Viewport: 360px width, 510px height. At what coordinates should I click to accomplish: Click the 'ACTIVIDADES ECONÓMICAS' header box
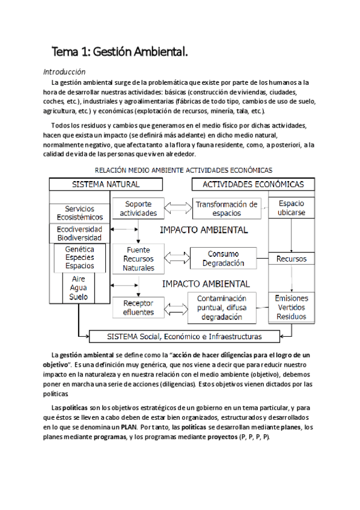pos(253,184)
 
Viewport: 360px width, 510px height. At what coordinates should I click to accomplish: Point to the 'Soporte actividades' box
pos(139,208)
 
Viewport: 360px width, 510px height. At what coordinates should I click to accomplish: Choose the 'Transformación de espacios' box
pos(225,208)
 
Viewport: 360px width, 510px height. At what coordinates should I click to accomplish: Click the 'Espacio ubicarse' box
pos(291,208)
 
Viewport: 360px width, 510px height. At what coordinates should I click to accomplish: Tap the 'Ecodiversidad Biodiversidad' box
pos(79,233)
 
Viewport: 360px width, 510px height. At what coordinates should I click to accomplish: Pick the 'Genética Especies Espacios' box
pos(79,257)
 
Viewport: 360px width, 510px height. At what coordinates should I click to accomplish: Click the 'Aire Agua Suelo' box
pos(79,288)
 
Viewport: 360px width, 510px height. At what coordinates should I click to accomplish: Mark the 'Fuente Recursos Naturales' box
pos(139,259)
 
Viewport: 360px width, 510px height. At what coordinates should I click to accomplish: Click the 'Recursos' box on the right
pos(291,259)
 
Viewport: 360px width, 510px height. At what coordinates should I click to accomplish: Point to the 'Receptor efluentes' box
pos(139,307)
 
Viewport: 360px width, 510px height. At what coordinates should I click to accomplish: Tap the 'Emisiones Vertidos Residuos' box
pos(291,307)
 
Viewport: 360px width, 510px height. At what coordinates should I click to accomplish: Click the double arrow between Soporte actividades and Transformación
pos(175,208)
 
